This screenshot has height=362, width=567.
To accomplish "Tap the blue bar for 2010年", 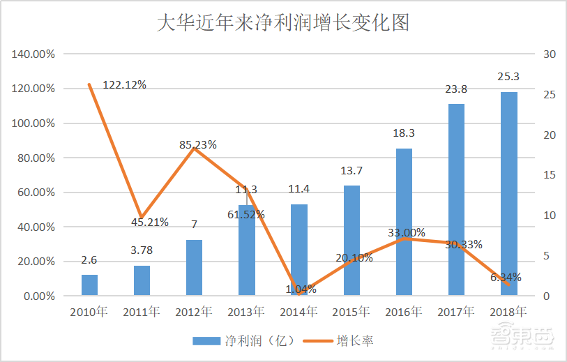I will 89,285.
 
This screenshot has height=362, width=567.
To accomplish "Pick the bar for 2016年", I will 404,222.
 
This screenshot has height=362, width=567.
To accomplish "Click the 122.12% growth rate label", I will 124,84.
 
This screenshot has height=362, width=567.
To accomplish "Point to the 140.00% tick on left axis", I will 35,54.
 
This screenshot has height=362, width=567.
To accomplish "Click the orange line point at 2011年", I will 142,218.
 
